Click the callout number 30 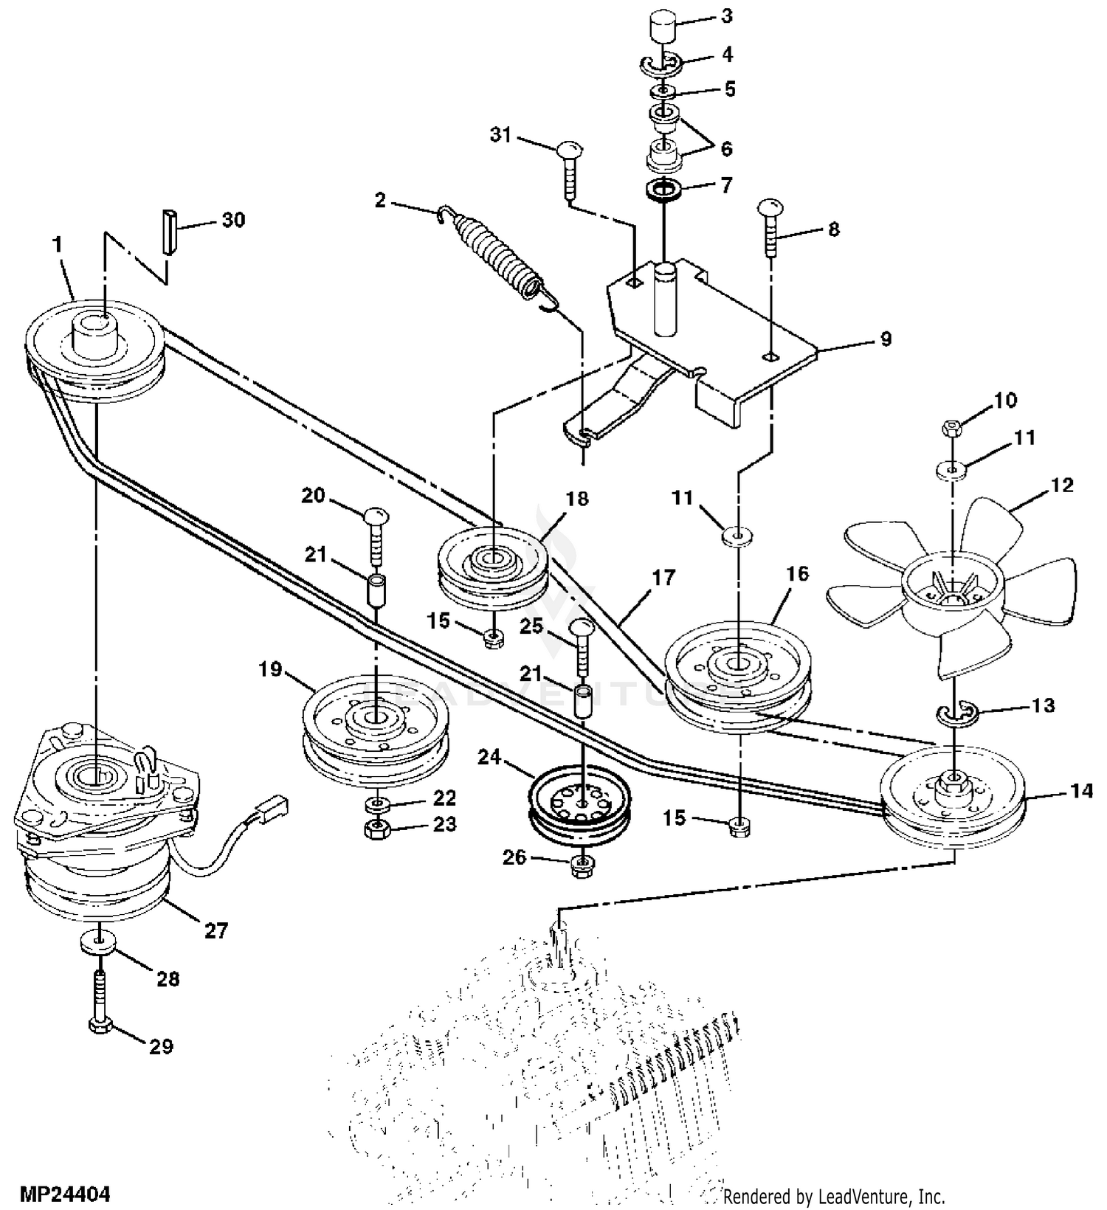[x=233, y=220]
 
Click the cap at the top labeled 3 [x=664, y=31]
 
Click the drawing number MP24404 [x=65, y=1193]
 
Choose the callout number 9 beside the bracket [x=886, y=339]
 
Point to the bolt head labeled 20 [x=376, y=515]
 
